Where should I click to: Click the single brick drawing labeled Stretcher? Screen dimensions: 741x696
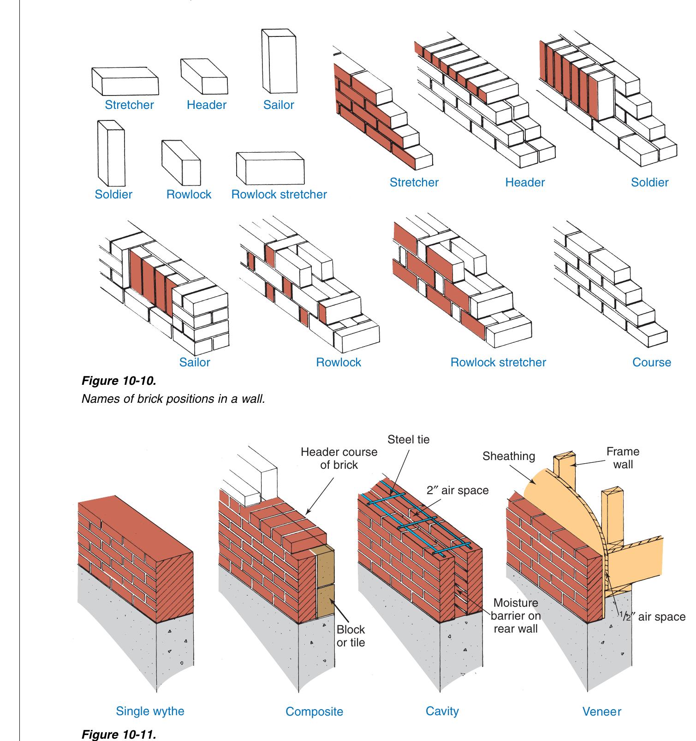125,82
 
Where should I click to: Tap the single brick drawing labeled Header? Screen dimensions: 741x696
204,76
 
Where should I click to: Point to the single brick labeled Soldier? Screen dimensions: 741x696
111,153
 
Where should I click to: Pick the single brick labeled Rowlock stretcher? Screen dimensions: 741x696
270,168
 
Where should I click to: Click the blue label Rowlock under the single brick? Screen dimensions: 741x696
189,194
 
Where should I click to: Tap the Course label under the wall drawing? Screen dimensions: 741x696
651,362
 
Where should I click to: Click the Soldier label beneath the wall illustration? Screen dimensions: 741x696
649,182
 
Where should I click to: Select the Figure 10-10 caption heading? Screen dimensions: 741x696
119,381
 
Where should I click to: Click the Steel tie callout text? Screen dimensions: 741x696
408,439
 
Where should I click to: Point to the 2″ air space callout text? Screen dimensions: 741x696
457,490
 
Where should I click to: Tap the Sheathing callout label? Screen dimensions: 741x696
508,456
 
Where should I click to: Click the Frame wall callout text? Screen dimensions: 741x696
623,458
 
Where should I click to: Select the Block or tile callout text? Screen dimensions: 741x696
351,636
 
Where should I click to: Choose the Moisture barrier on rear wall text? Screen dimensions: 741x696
515,616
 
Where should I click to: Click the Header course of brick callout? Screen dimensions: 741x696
339,458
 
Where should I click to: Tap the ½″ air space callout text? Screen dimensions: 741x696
652,617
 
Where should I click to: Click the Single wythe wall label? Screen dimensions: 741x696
150,711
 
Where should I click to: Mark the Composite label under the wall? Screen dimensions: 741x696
314,711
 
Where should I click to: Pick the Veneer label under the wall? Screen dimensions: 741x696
601,711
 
